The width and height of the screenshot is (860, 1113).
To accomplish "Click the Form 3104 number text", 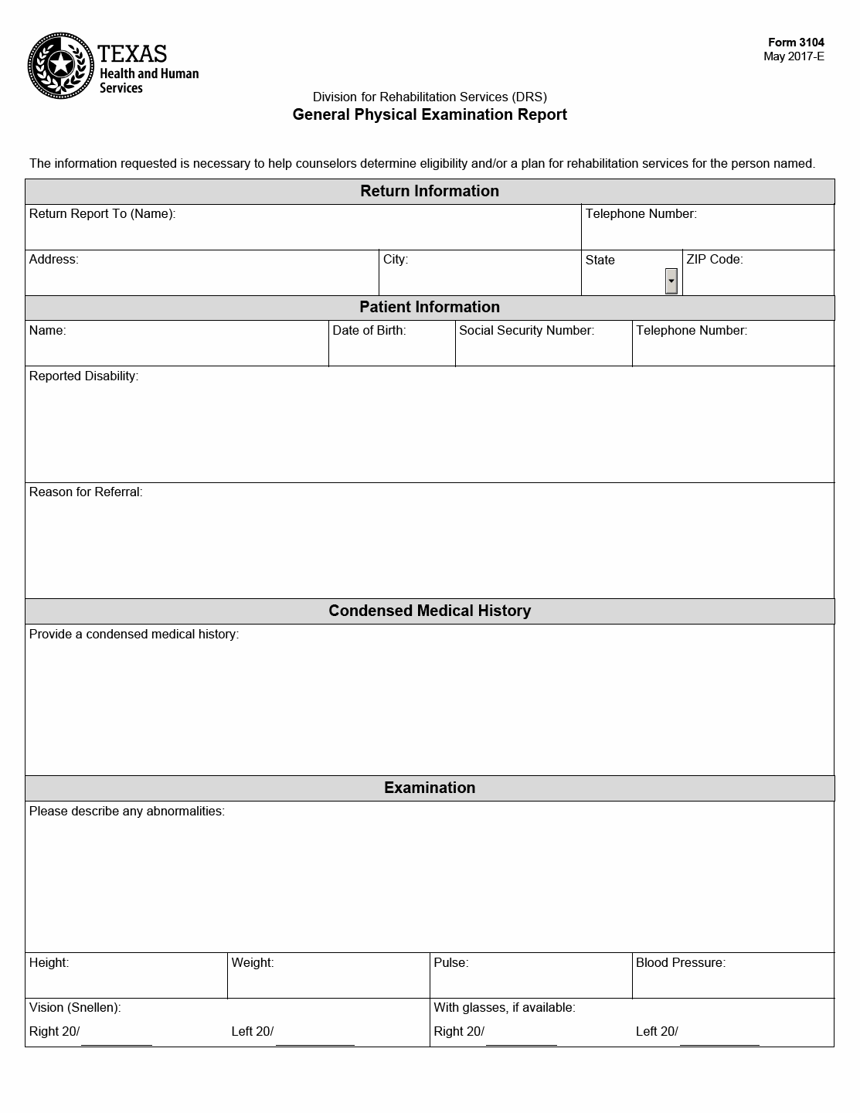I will pos(796,43).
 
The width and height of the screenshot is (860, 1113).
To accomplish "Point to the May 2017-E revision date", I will pos(794,56).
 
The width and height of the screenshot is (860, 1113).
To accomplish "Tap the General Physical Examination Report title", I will pos(430,115).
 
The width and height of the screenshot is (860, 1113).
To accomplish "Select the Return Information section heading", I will pos(430,191).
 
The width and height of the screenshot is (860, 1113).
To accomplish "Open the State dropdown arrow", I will pos(671,281).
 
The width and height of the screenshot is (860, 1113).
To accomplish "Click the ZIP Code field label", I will pos(714,260).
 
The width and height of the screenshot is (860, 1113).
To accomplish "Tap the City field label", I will pos(396,260).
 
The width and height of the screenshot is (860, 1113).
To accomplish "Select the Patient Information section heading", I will pos(430,307).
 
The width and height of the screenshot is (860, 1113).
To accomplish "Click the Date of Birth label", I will pos(369,331).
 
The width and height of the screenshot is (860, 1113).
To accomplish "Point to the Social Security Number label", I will pos(526,331).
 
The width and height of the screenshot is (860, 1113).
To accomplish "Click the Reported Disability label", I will pos(83,376).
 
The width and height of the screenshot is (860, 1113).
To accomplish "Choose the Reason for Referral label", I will pos(86,492).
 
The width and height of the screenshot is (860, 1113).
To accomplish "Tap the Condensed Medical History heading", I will pos(430,611).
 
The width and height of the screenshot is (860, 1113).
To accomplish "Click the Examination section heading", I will pos(430,788).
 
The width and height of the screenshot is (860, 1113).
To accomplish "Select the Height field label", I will pos(49,963).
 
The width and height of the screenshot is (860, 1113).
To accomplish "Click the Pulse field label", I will pos(451,963).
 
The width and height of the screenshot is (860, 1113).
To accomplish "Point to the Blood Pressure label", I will pos(681,963).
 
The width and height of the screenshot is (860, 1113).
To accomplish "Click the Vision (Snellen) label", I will pos(75,1008).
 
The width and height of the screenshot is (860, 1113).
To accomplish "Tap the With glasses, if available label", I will pos(505,1008).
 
